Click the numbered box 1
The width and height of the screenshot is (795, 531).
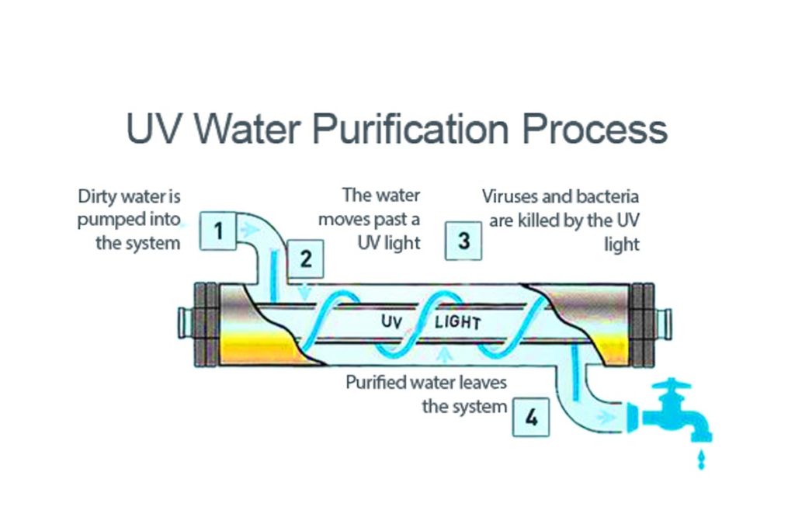(x=218, y=231)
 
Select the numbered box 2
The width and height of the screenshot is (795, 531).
(x=306, y=259)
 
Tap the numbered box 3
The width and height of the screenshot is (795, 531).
(x=463, y=241)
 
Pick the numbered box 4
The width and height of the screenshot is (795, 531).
(x=530, y=418)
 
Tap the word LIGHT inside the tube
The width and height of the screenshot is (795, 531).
(x=457, y=322)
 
